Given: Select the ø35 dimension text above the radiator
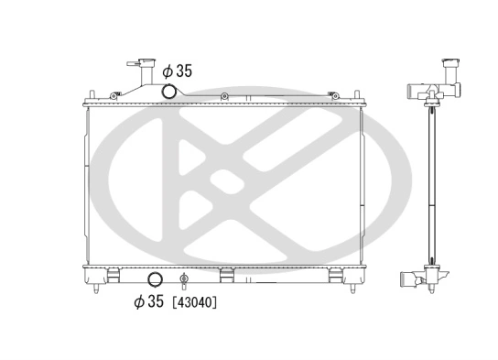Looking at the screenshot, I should (x=177, y=70).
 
